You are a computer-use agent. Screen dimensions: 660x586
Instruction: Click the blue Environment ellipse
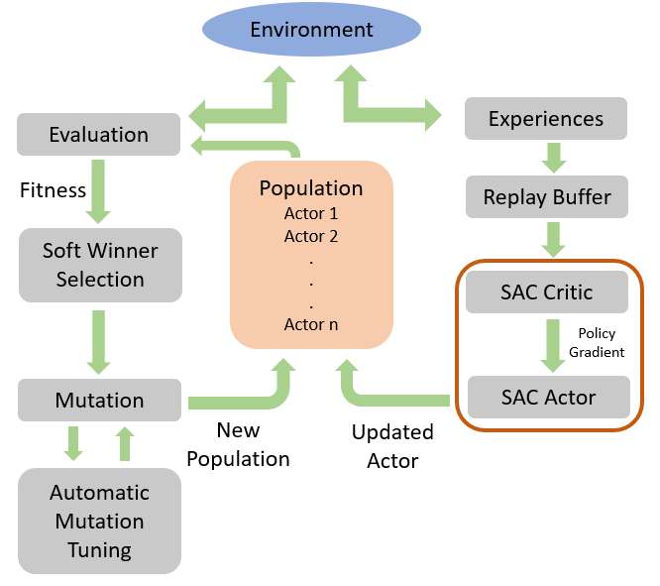(x=311, y=29)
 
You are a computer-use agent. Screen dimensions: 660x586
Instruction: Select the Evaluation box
(x=98, y=135)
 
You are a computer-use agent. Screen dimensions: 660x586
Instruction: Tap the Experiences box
(x=546, y=118)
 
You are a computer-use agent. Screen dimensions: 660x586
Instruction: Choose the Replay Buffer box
(x=547, y=196)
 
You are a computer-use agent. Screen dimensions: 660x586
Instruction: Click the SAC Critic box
(x=547, y=292)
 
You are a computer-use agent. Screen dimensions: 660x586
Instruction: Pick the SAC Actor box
(x=549, y=398)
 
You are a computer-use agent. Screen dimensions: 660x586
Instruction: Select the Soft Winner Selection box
(x=100, y=265)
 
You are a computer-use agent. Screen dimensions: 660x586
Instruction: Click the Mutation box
(x=99, y=400)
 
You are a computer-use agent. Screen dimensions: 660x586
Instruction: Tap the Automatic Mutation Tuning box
(x=99, y=521)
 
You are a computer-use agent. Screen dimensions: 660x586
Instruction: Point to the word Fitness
(x=53, y=190)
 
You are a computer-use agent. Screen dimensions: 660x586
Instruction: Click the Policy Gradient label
(x=597, y=342)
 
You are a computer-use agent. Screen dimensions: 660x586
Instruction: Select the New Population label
(x=238, y=444)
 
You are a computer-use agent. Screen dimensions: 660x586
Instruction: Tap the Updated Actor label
(x=392, y=446)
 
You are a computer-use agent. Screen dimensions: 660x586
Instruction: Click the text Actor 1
(x=311, y=213)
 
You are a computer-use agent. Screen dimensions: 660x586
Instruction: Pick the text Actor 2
(x=311, y=236)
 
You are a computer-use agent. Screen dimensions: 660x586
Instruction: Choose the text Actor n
(x=311, y=325)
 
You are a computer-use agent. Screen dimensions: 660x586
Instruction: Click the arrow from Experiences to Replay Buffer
(x=554, y=158)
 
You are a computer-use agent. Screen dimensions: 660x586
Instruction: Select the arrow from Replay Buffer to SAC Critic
(x=553, y=240)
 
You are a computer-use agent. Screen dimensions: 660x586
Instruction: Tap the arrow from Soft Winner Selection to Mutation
(x=98, y=342)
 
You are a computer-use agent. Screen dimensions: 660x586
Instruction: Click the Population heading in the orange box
(x=311, y=187)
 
